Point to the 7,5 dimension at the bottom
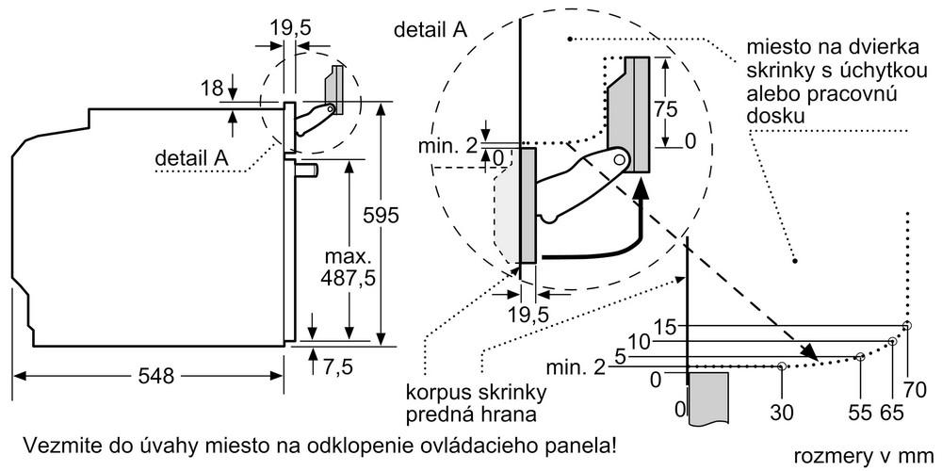(x=337, y=366)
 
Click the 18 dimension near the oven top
(x=213, y=89)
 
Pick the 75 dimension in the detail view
(x=666, y=106)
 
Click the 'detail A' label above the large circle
(x=430, y=29)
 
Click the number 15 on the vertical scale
(x=666, y=327)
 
